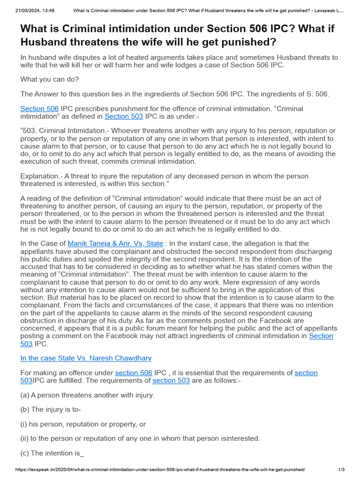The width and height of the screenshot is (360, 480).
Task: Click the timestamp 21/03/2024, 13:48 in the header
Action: pyautogui.click(x=35, y=10)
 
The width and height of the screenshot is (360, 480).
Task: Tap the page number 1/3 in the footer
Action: pyautogui.click(x=341, y=469)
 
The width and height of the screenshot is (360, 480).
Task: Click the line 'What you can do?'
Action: pyautogui.click(x=50, y=79)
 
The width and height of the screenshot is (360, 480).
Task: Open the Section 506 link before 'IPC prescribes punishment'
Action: pyautogui.click(x=39, y=109)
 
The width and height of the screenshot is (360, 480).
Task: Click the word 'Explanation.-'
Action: pyautogui.click(x=41, y=176)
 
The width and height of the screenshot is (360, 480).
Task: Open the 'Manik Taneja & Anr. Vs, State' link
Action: pyautogui.click(x=115, y=243)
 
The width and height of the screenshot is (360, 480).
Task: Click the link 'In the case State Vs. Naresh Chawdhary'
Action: pyautogui.click(x=86, y=358)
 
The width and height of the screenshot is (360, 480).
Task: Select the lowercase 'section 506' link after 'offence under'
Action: pyautogui.click(x=134, y=373)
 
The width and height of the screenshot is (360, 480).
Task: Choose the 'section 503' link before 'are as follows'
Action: pyautogui.click(x=171, y=381)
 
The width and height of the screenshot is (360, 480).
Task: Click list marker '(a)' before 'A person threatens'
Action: pyautogui.click(x=25, y=395)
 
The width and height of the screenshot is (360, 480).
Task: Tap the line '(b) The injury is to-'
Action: pyautogui.click(x=51, y=410)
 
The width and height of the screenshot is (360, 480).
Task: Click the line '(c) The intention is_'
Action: pyautogui.click(x=52, y=453)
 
